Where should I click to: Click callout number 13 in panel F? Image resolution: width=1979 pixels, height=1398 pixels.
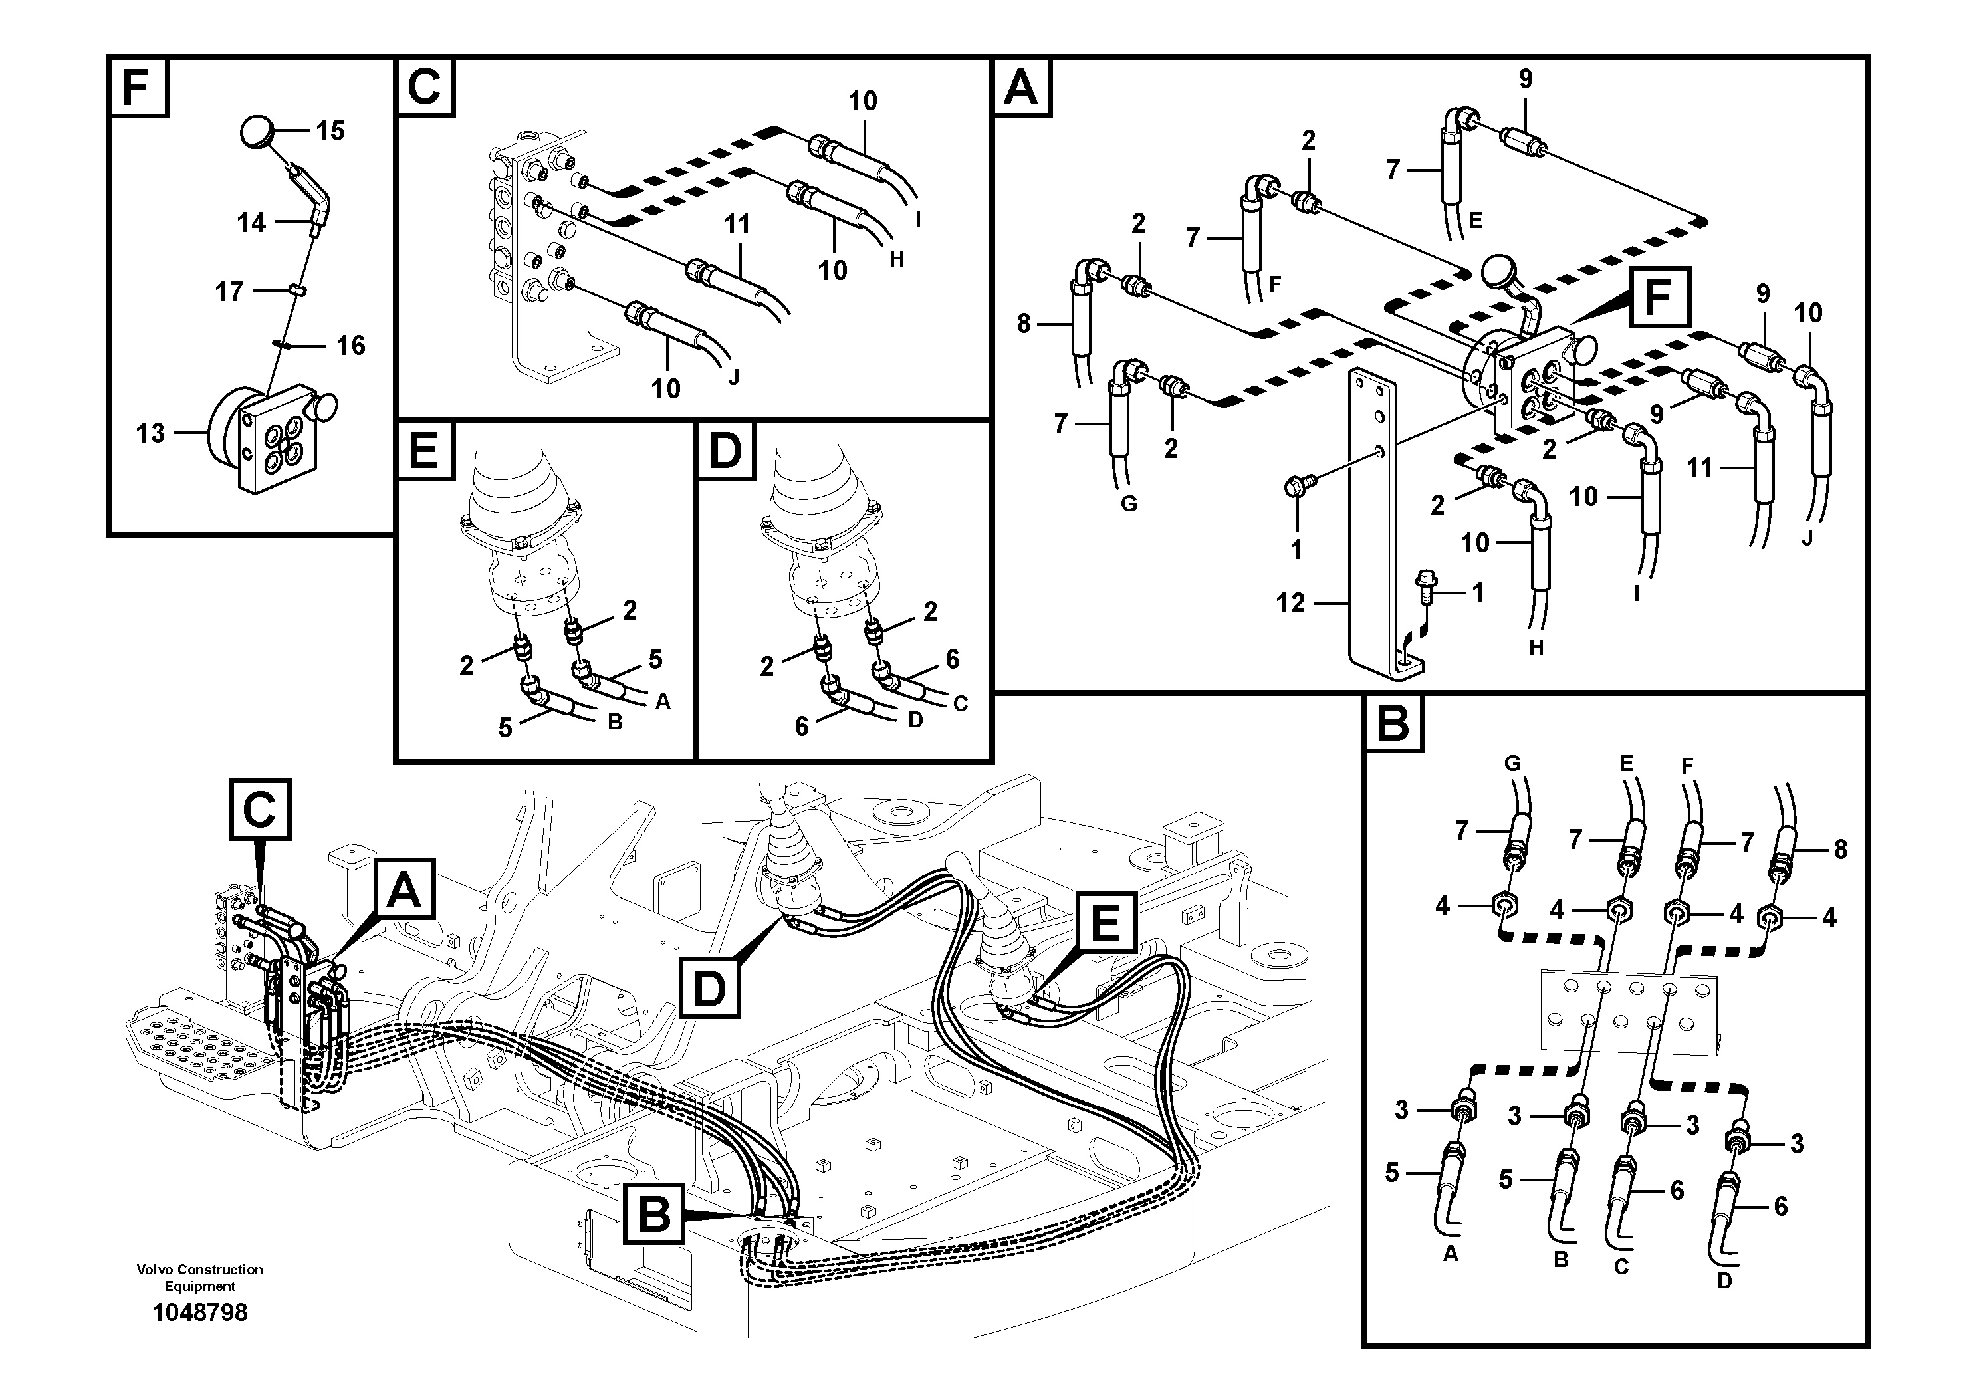[x=150, y=433]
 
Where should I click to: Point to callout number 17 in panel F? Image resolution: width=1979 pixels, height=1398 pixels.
[x=229, y=292]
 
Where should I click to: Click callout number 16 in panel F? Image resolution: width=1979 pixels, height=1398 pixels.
[x=351, y=346]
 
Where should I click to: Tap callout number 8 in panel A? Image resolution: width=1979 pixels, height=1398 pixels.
[x=1023, y=324]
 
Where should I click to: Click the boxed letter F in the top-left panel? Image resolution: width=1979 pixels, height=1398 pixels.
[x=137, y=87]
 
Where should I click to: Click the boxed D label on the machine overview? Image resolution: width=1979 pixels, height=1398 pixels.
[x=709, y=988]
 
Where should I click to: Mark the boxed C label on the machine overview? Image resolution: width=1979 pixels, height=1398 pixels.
[x=261, y=809]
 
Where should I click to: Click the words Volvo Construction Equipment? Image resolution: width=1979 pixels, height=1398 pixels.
[x=199, y=1277]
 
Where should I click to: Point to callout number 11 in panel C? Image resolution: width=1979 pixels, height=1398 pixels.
[x=737, y=225]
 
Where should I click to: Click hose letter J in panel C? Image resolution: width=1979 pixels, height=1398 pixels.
[x=733, y=377]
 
